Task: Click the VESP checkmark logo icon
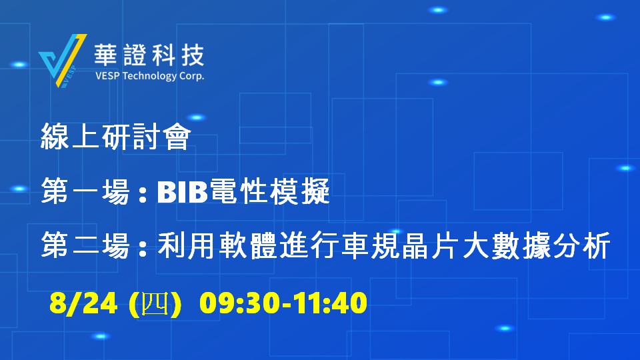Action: (x=63, y=61)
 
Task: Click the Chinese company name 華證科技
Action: (x=149, y=55)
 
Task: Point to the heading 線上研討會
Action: (x=116, y=137)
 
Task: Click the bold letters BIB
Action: (x=183, y=192)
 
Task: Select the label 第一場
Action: (x=85, y=191)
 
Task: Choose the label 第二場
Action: (x=85, y=245)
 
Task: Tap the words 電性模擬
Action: (x=269, y=191)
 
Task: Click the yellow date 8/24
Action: (x=83, y=303)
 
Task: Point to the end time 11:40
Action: (x=330, y=303)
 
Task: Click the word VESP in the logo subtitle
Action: (x=107, y=76)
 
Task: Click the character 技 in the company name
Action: (x=193, y=55)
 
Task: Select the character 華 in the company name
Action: (x=106, y=55)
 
